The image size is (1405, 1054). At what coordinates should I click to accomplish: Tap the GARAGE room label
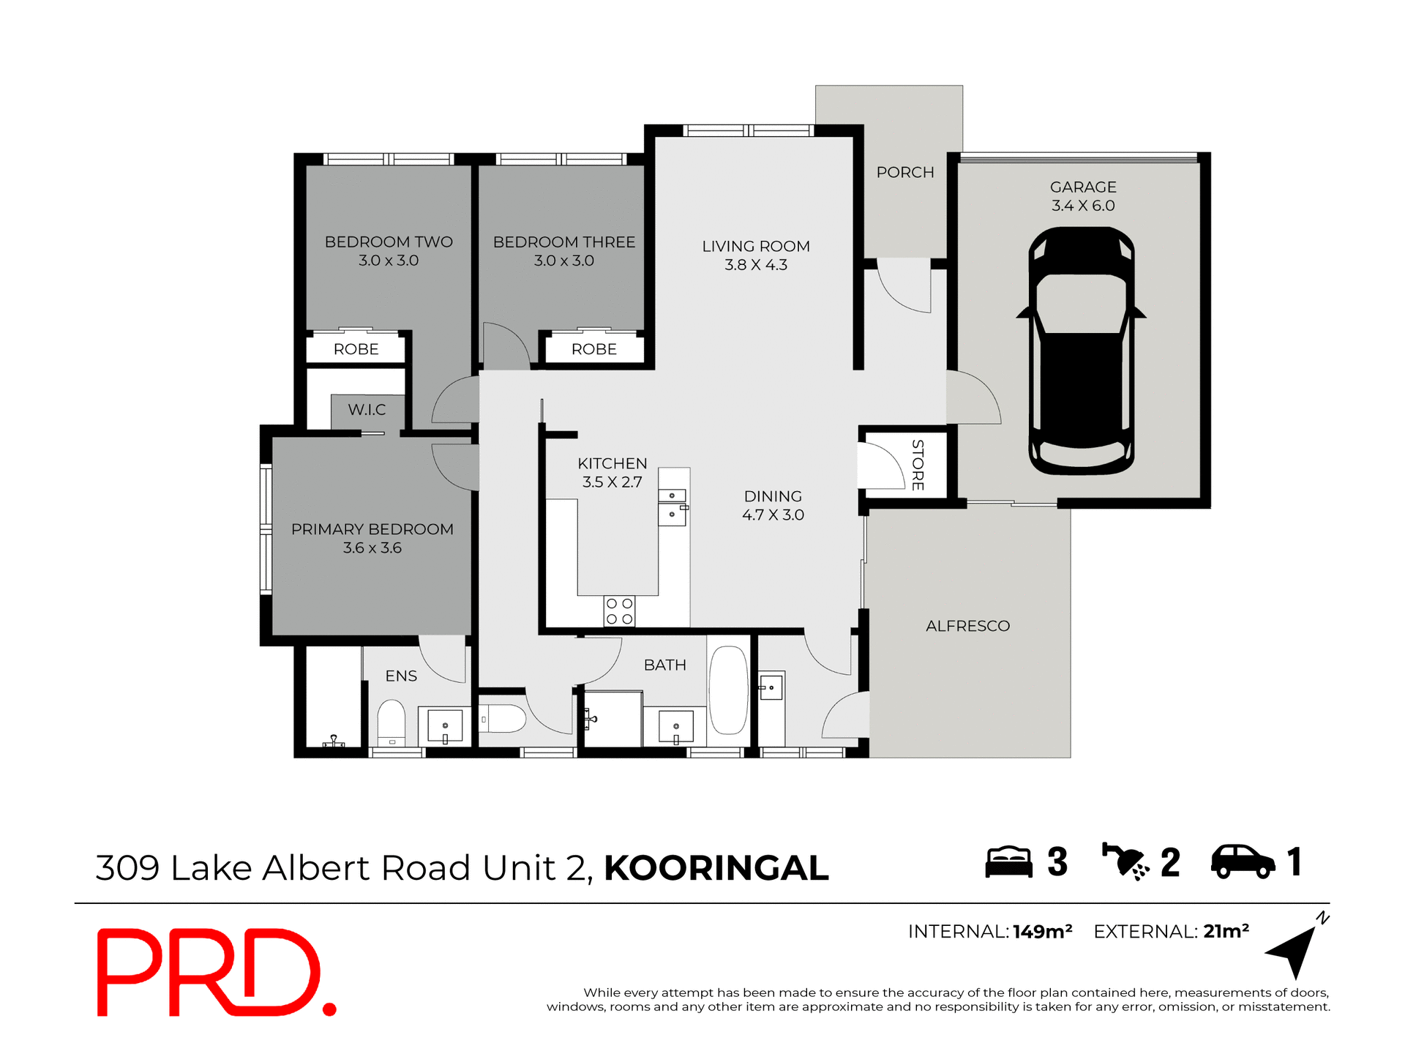(1083, 187)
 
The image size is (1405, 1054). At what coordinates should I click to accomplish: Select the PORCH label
(905, 173)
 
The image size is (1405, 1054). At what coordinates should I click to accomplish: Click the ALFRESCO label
(967, 626)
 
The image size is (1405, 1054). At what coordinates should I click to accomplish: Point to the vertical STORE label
(918, 466)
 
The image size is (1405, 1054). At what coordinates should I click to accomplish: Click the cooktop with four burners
(619, 611)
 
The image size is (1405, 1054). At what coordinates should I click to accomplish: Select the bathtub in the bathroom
(728, 689)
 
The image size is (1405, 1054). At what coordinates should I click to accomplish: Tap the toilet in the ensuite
(391, 722)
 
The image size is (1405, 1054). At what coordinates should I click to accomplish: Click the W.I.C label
(367, 410)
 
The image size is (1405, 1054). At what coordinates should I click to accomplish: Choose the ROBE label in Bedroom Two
(356, 350)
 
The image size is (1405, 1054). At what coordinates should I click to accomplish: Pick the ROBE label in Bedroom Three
(593, 350)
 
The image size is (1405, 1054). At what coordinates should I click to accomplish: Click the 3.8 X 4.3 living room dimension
(756, 265)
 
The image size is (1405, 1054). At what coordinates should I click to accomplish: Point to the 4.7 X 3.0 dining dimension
(773, 515)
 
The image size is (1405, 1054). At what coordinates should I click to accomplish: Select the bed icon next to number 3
(1008, 862)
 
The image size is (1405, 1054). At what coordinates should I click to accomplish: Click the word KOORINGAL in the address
(716, 869)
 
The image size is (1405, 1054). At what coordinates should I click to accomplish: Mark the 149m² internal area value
(1042, 932)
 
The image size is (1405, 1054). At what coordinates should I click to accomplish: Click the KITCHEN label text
(612, 464)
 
